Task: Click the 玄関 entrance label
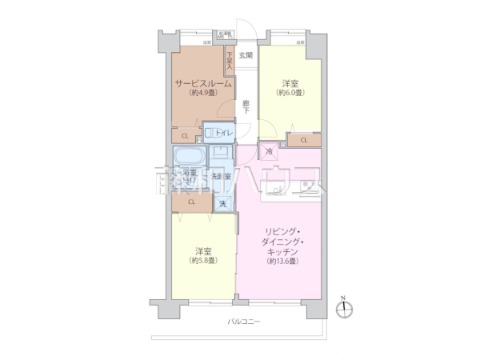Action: pyautogui.click(x=246, y=55)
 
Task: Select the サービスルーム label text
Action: pyautogui.click(x=203, y=83)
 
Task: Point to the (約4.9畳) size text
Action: pyautogui.click(x=203, y=94)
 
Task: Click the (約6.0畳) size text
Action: pyautogui.click(x=290, y=94)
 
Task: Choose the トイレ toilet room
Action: pyautogui.click(x=221, y=131)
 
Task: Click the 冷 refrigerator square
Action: pyautogui.click(x=269, y=150)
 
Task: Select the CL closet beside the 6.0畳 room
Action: pyautogui.click(x=303, y=141)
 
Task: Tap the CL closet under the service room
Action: pyautogui.click(x=185, y=135)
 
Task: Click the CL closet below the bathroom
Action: pyautogui.click(x=191, y=202)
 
